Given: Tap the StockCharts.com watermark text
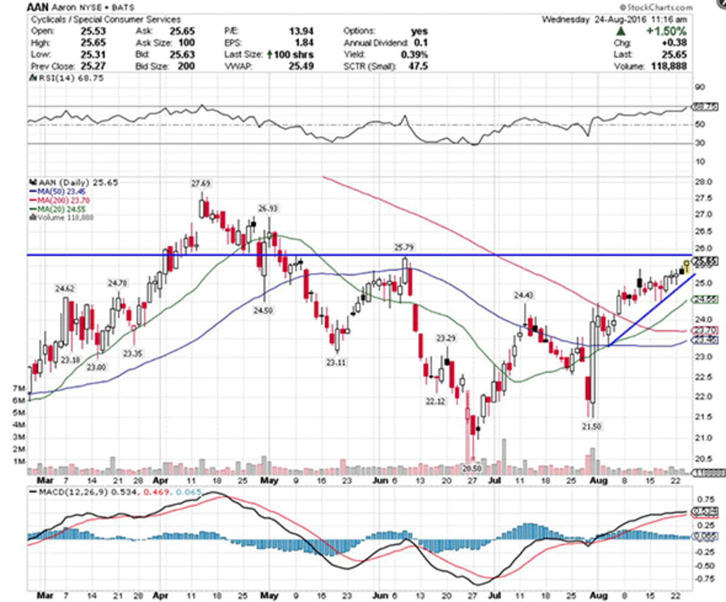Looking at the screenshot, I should click(660, 7).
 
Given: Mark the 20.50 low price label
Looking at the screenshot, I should click(473, 468).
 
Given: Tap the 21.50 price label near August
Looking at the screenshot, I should click(592, 426).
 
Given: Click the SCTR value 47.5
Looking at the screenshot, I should click(417, 66).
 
